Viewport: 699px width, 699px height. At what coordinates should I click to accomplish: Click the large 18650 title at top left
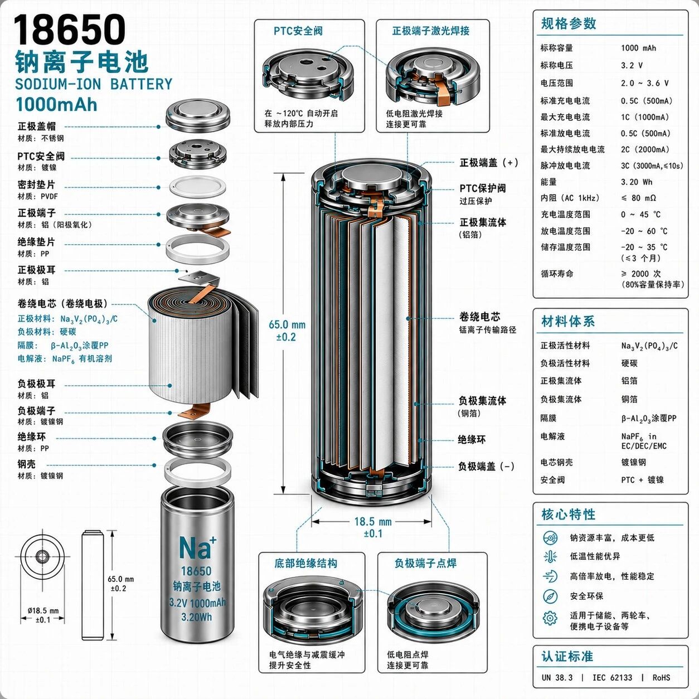pyautogui.click(x=69, y=30)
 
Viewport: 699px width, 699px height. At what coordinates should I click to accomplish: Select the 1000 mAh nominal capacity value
pyautogui.click(x=638, y=48)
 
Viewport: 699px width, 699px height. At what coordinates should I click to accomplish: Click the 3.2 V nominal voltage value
pyautogui.click(x=632, y=65)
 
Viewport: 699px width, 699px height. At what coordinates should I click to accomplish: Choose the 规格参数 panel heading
pyautogui.click(x=569, y=23)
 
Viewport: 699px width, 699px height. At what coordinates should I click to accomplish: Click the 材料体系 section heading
pyautogui.click(x=568, y=322)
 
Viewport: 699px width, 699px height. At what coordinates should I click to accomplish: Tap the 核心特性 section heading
pyautogui.click(x=569, y=514)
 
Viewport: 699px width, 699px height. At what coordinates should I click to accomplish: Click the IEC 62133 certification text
pyautogui.click(x=612, y=678)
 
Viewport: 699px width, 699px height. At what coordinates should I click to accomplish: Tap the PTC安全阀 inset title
pyautogui.click(x=298, y=31)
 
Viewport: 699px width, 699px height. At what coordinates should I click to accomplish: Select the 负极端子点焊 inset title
pyautogui.click(x=425, y=564)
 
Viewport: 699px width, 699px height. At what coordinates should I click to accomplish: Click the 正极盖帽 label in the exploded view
pyautogui.click(x=37, y=127)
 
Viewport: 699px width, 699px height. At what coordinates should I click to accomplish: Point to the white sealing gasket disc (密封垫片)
pyautogui.click(x=197, y=187)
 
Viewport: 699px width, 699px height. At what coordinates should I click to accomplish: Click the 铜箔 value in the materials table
pyautogui.click(x=629, y=399)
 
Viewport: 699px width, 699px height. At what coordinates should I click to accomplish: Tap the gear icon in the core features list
pyautogui.click(x=550, y=618)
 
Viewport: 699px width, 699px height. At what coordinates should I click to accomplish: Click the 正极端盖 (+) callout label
pyautogui.click(x=489, y=163)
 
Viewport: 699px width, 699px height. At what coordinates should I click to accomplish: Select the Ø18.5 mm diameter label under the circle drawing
pyautogui.click(x=43, y=611)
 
